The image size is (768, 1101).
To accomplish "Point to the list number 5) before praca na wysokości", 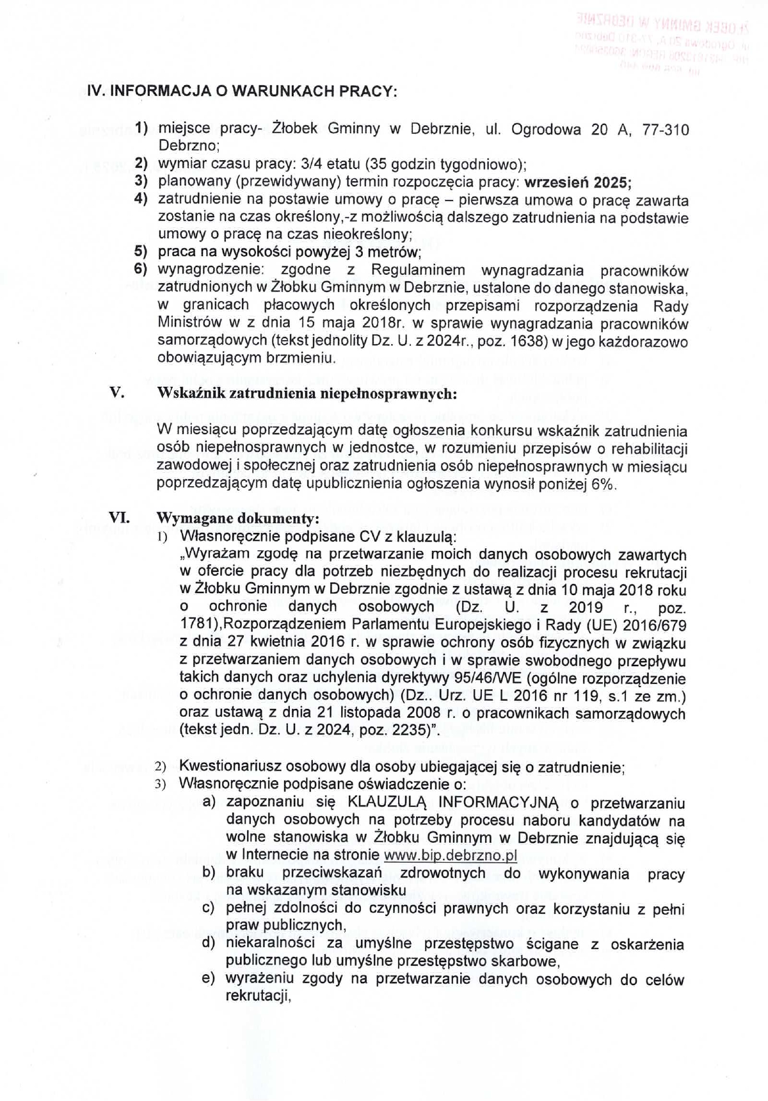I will click(x=141, y=252).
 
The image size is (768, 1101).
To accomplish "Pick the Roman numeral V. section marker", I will click(x=116, y=393).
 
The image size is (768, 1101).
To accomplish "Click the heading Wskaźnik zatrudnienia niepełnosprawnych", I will click(x=307, y=393).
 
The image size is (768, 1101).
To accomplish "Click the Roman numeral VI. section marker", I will click(x=120, y=517).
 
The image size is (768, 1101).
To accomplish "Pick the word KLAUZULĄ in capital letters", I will click(x=387, y=803).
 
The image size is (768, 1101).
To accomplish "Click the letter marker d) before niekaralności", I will click(x=209, y=943).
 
